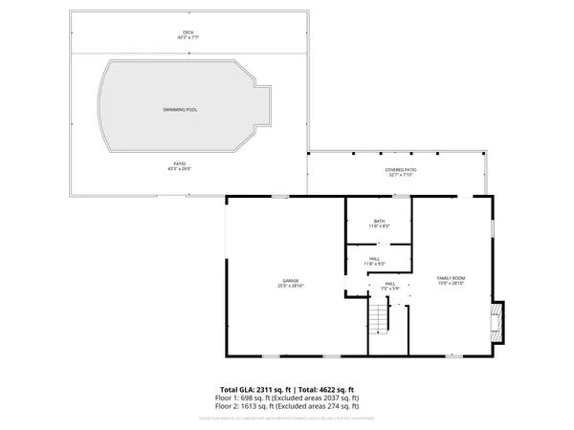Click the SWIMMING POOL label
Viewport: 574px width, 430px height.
(180, 111)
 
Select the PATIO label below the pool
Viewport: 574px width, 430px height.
(180, 163)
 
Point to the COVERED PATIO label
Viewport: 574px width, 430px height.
(401, 169)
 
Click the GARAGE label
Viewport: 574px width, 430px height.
(290, 279)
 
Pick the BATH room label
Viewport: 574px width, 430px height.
(380, 221)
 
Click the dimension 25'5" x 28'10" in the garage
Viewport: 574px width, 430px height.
(290, 285)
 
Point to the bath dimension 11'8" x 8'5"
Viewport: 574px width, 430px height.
(380, 226)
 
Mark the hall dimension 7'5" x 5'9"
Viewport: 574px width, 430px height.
(389, 288)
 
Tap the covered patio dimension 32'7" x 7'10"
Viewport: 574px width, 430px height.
(401, 175)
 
